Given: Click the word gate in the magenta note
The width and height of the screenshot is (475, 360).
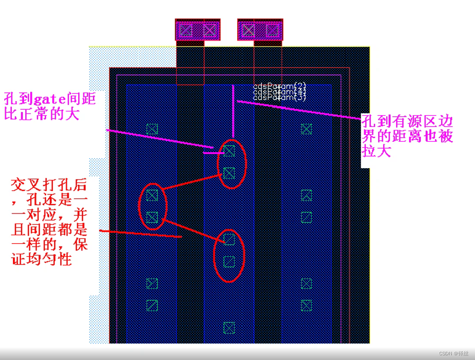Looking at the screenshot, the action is [x=47, y=100].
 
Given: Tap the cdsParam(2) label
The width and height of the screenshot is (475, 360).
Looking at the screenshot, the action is [x=280, y=87].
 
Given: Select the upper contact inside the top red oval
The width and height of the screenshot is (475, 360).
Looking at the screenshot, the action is [x=229, y=151].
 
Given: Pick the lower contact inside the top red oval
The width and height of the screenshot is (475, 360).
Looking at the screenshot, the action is [x=229, y=173].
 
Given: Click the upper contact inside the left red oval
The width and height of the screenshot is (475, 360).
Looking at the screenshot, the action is [x=152, y=195].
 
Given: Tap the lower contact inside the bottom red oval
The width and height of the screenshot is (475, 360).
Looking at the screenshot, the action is [x=229, y=261].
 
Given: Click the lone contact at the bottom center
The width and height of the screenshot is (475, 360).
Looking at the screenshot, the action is [x=229, y=327].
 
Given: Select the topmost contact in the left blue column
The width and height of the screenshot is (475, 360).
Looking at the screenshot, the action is [x=152, y=129].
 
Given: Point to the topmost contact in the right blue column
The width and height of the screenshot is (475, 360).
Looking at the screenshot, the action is [x=306, y=129].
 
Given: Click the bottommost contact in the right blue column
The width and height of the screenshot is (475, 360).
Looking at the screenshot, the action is [x=306, y=305].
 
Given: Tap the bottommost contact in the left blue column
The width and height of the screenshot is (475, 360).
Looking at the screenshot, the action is [x=152, y=305].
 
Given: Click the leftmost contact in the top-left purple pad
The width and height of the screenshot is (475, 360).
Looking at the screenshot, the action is [x=186, y=30].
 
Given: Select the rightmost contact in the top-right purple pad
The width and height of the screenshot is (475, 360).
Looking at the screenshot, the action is [x=272, y=30].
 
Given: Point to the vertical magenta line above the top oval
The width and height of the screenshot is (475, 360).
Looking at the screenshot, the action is [x=233, y=112].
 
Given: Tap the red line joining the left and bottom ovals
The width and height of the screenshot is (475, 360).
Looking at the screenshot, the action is [x=190, y=228].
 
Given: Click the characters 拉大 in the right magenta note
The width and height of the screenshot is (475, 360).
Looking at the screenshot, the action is [x=377, y=151].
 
